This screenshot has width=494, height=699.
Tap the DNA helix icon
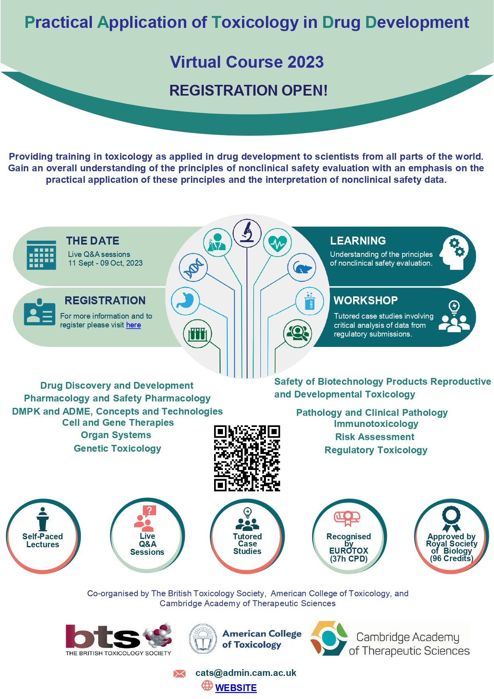point(193,268)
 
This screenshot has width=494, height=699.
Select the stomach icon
point(185,301)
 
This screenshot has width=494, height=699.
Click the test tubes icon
point(197,333)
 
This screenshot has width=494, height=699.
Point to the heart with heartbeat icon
point(277,243)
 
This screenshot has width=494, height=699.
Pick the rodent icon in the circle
point(302,268)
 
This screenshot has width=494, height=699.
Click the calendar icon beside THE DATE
point(41,255)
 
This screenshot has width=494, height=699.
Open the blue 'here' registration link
point(133,325)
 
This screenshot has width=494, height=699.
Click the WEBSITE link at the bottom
point(236,688)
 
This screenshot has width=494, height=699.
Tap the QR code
point(247,458)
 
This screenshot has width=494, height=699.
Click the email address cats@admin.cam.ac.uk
point(246,673)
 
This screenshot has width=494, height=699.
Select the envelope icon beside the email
point(180,674)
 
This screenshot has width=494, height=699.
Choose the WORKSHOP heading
point(365,300)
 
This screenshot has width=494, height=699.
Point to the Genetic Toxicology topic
point(117,448)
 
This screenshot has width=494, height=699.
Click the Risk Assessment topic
point(375,437)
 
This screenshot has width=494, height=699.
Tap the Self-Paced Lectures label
point(43,540)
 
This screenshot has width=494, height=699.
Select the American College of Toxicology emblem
point(203,639)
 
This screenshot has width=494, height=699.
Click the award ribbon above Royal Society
point(451,518)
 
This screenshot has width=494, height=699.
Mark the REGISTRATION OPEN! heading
point(248,90)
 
